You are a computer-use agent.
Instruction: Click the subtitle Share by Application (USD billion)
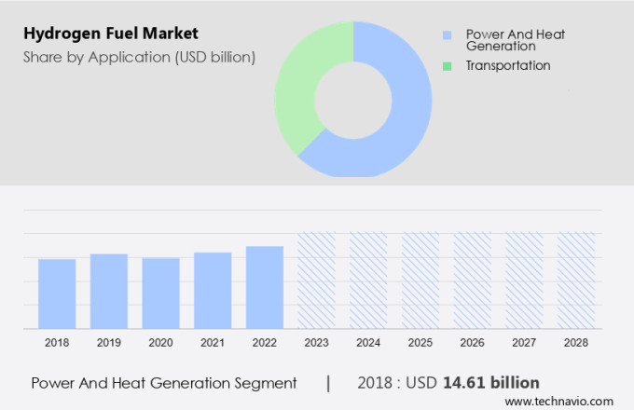point(139,58)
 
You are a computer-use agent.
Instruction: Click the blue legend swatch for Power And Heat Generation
point(447,36)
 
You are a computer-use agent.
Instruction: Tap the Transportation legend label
point(508,65)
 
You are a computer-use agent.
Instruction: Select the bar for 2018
point(57,294)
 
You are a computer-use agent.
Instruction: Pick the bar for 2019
point(109,291)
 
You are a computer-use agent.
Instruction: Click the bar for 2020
point(160,293)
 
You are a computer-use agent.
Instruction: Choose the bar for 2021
point(213,290)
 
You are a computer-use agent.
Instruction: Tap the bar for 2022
point(265,287)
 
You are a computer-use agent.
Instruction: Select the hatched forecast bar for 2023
point(316,280)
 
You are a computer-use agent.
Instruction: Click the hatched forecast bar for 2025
point(420,280)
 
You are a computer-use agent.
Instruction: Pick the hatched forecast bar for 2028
point(576,280)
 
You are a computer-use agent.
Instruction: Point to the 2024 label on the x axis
point(368,343)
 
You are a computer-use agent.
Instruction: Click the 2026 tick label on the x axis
point(472,343)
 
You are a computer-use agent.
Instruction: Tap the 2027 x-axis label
point(524,343)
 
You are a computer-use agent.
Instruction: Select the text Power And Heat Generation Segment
point(164,382)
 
